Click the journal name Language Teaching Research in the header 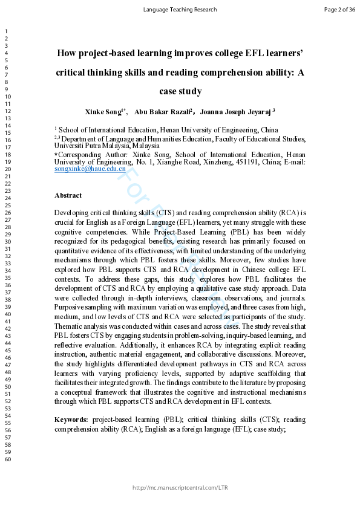180,10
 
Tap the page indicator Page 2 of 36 339,10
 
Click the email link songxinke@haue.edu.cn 90,169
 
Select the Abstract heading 68,195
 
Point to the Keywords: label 71,420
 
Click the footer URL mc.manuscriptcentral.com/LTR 180,487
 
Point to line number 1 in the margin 4,31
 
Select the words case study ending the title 180,92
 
